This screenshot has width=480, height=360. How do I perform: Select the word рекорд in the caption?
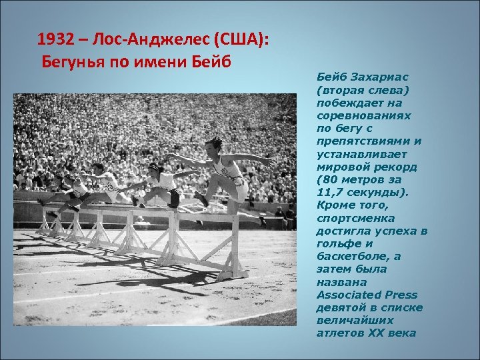399,167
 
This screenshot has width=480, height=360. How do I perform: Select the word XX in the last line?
375,333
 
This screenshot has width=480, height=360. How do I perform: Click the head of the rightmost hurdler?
214,143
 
